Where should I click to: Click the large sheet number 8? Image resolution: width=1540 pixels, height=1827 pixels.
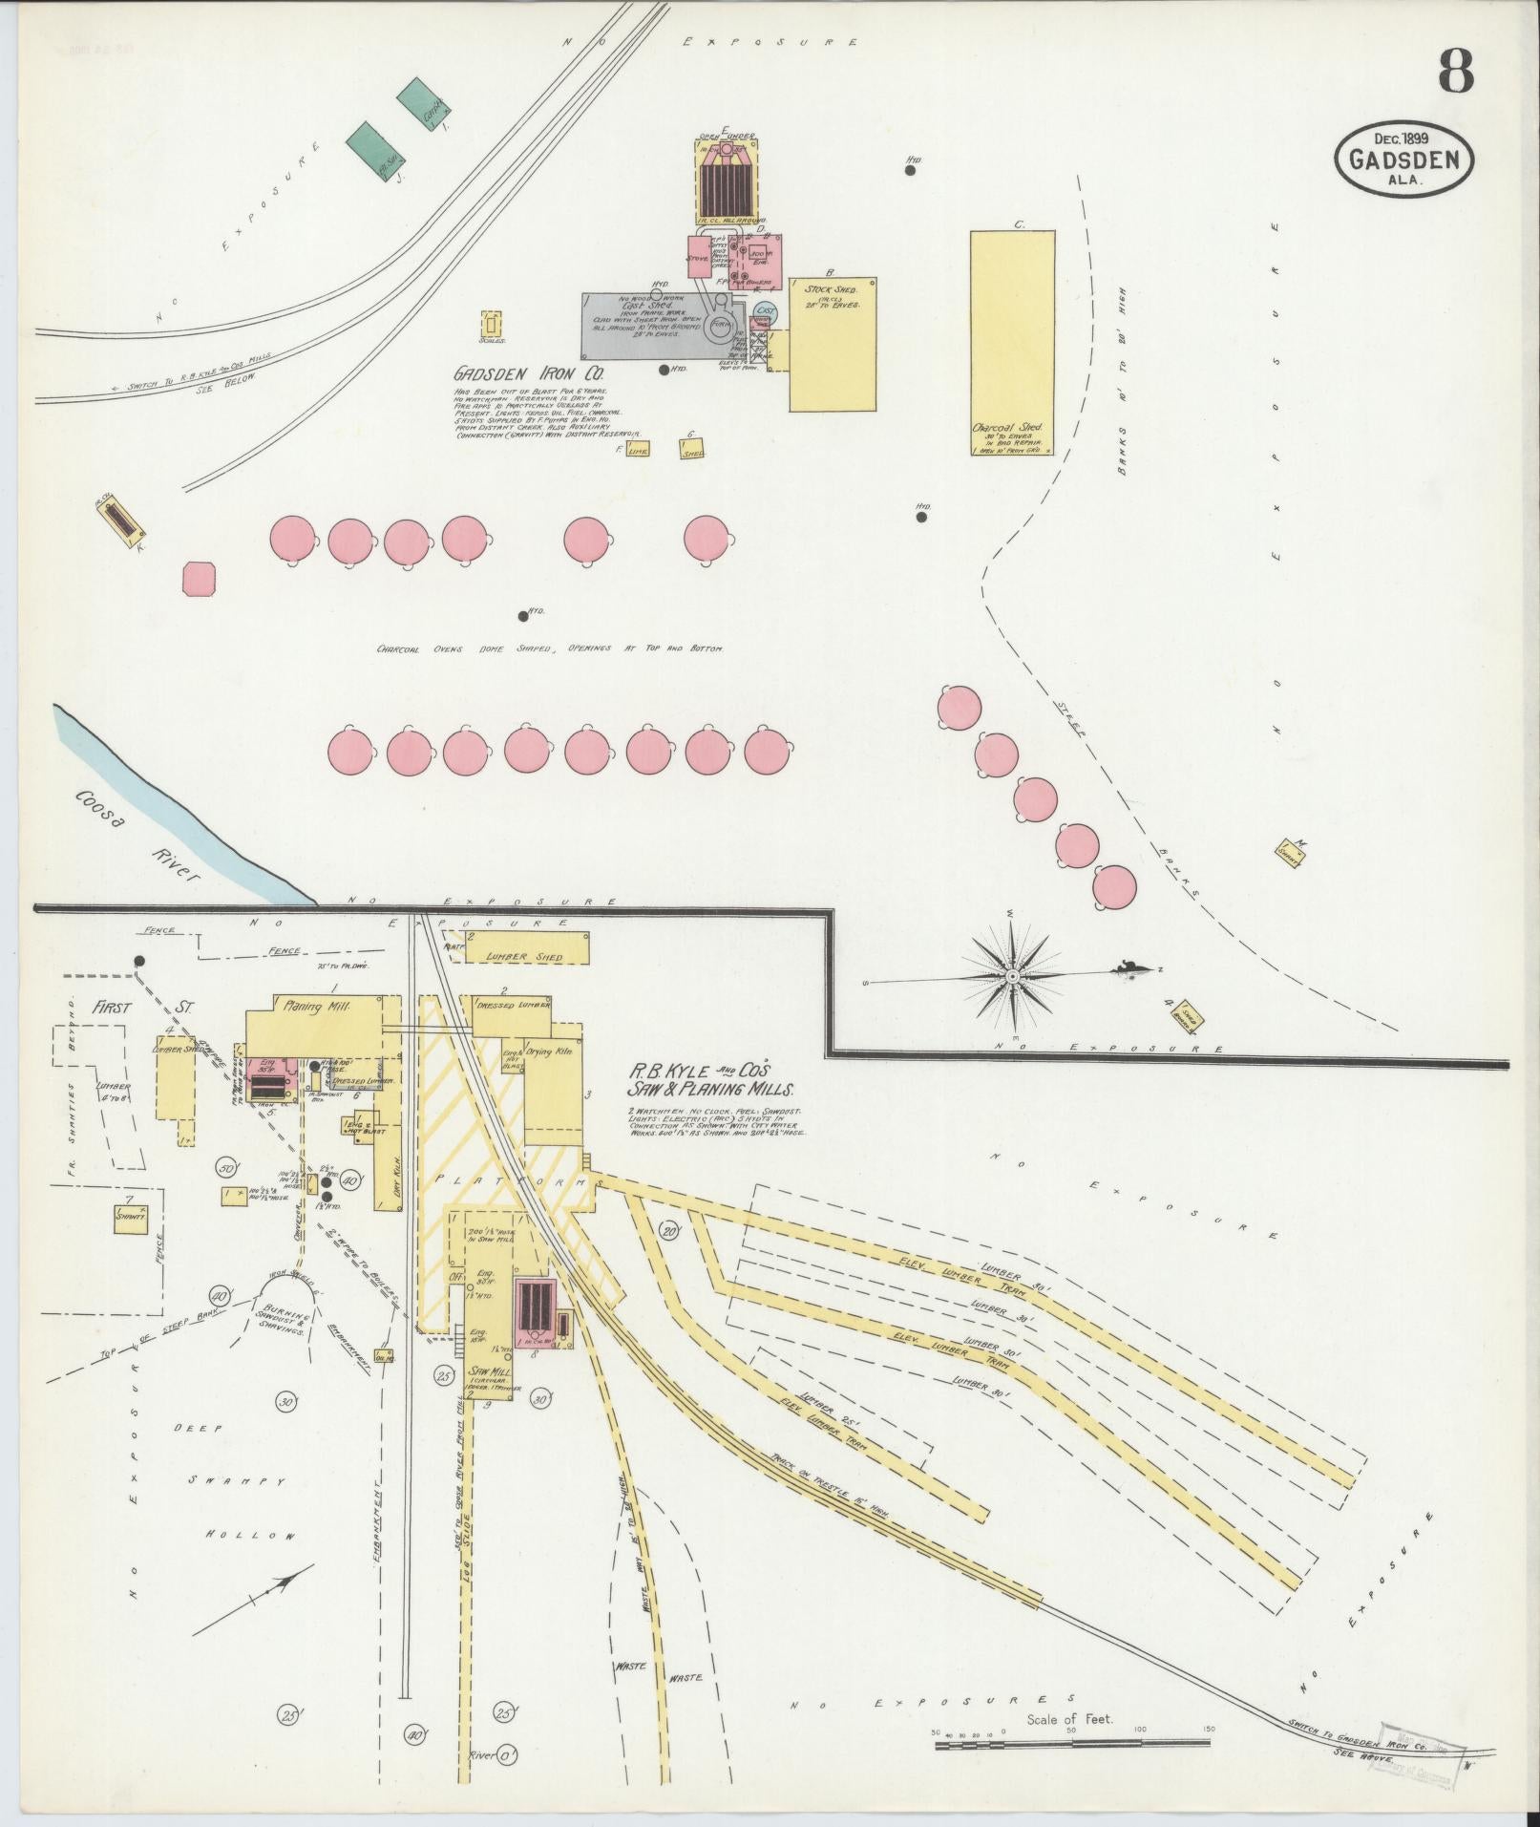point(1454,73)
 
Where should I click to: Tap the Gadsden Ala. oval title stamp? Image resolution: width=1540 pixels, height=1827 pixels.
point(1403,160)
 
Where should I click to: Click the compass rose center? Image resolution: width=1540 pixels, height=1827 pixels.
point(1012,976)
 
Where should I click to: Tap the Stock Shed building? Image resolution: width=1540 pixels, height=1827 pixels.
point(832,345)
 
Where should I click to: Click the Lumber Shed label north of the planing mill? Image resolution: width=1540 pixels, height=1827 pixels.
point(524,956)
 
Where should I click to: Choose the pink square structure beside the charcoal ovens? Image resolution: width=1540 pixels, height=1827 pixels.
point(199,578)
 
